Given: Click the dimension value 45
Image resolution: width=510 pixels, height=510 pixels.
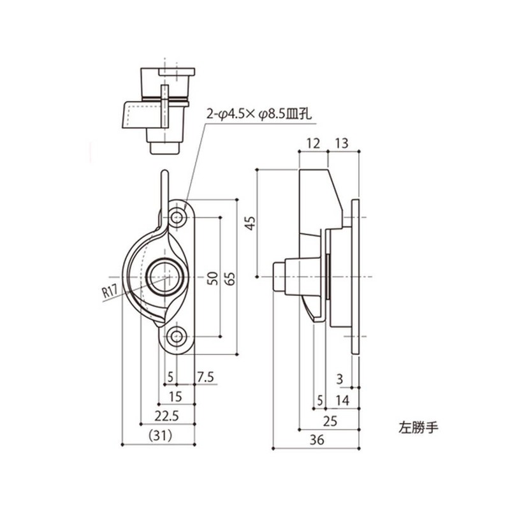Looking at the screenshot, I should click(251, 223).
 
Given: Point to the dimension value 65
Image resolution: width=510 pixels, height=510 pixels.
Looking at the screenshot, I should click(230, 278).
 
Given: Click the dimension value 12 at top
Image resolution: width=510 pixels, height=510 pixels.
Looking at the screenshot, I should click(312, 143).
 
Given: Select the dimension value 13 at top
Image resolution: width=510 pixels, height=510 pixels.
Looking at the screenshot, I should click(340, 143).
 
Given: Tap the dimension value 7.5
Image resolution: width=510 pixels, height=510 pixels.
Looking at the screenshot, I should click(205, 377).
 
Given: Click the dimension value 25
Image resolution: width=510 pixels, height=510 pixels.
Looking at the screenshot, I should click(330, 420).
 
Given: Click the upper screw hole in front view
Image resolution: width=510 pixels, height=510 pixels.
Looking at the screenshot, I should click(177, 217).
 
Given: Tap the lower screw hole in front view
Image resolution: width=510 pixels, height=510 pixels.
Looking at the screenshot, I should click(177, 335).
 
